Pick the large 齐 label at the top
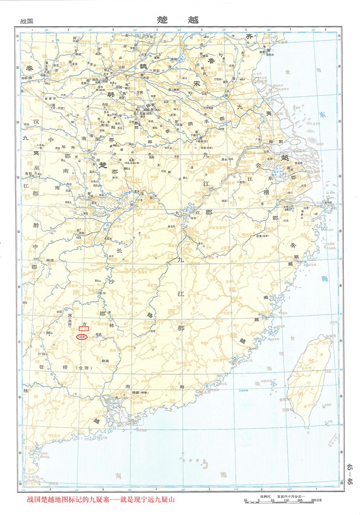(249, 36)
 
